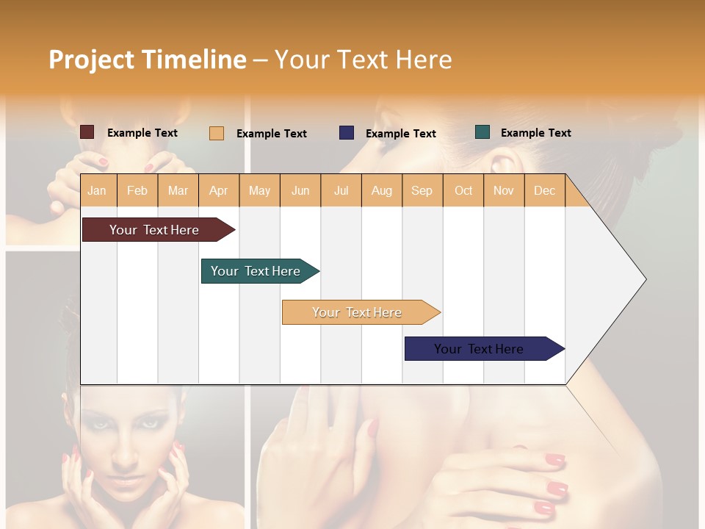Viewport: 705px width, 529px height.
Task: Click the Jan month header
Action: (97, 190)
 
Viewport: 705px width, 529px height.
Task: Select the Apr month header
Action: (218, 190)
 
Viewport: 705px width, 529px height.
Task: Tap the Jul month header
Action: (341, 190)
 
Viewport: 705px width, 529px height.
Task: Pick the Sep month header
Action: (422, 190)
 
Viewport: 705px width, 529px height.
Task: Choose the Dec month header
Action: (544, 190)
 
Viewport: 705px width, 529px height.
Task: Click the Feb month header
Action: (137, 190)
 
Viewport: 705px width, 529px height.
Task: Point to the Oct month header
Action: (463, 190)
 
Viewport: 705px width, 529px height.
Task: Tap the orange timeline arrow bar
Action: (358, 312)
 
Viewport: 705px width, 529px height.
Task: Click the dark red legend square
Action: (87, 132)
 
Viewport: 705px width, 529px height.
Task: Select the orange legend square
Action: (217, 133)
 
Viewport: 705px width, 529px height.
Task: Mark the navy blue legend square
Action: (347, 132)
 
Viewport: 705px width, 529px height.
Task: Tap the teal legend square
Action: (482, 132)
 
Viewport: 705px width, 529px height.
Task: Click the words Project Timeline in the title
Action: (148, 60)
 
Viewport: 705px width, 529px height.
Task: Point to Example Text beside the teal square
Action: (535, 133)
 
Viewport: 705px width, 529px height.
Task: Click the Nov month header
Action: (503, 190)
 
